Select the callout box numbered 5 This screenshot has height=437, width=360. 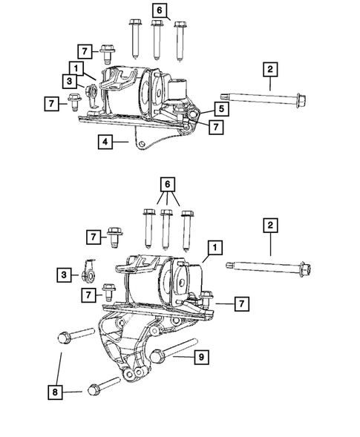222,108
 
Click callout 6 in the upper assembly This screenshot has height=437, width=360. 160,10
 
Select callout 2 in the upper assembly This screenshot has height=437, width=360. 270,70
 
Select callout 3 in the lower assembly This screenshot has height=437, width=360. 65,275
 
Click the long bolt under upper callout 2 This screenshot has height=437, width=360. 259,97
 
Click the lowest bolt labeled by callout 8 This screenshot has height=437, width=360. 104,390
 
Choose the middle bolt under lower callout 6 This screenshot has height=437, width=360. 167,228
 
